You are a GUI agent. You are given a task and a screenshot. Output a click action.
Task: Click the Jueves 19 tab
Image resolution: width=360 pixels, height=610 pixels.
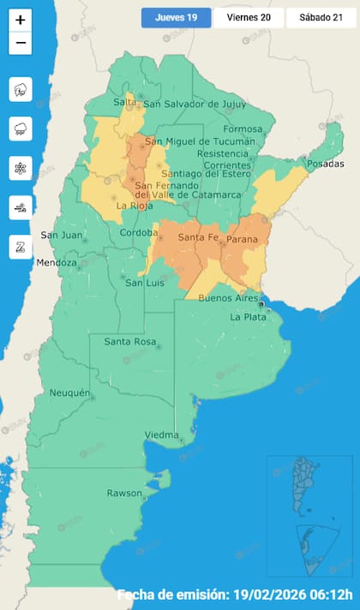176,17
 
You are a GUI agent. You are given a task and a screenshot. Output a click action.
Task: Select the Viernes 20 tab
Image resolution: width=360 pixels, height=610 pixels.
248,17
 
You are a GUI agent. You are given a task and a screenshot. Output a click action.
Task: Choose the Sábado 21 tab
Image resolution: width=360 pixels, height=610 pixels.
321,17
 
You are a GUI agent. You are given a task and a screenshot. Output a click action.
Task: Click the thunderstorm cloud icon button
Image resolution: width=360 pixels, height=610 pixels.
21,90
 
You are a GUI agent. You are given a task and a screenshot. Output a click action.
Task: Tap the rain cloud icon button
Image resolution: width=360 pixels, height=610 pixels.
21,129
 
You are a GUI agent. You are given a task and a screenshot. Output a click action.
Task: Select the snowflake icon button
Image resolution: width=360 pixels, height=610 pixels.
21,168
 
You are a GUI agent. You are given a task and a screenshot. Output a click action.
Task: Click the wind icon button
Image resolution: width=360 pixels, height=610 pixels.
21,207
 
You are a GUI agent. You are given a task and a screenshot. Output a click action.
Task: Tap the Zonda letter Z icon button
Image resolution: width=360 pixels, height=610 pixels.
21,247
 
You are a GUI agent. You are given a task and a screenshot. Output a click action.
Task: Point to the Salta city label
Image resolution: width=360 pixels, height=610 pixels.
125,103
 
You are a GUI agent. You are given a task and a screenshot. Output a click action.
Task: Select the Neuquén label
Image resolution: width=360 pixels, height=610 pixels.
69,392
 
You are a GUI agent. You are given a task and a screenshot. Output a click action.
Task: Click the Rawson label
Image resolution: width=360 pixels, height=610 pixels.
124,493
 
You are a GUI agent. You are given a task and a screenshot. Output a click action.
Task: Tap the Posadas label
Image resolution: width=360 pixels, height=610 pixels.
323,164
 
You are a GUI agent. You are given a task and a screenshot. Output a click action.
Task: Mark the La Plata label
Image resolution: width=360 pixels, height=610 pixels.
249,317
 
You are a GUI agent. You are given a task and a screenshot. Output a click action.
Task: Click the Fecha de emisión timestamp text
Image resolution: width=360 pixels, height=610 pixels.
235,595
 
